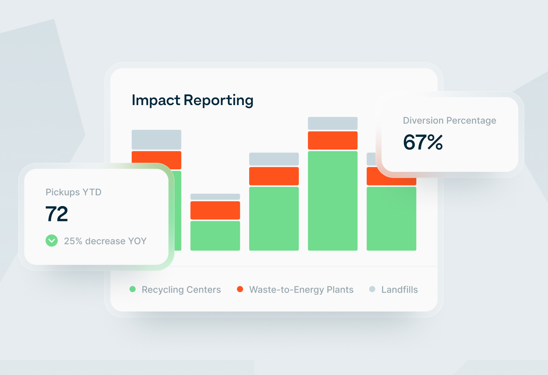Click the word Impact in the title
[x=156, y=101]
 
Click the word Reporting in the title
[x=218, y=101]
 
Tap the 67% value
[x=423, y=143]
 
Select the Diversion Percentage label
[x=449, y=121]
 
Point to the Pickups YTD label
[x=73, y=192]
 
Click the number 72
[x=57, y=214]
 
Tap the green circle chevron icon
[x=52, y=241]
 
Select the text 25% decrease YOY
[x=105, y=241]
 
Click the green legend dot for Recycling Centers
[x=132, y=289]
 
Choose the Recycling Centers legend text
[x=181, y=290]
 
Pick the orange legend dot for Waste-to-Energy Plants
[x=240, y=289]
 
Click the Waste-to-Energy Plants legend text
[x=301, y=290]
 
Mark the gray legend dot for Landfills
[x=372, y=289]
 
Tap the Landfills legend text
[x=399, y=290]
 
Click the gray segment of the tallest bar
[x=333, y=123]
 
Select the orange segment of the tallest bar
[x=333, y=141]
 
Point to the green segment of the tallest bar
[x=333, y=201]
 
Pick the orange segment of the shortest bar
[x=215, y=210]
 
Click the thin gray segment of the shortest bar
[x=215, y=197]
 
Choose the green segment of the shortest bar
[x=215, y=236]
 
